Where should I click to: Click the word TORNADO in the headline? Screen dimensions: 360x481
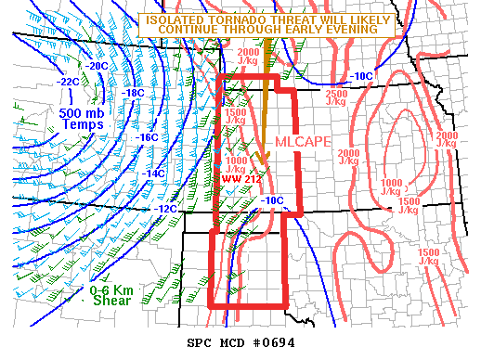click(225, 18)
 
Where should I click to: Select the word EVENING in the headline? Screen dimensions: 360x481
click(354, 29)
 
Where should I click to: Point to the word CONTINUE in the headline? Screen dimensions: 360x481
click(191, 29)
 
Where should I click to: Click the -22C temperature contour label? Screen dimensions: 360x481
click(68, 83)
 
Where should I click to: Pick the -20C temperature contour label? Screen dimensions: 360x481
click(96, 67)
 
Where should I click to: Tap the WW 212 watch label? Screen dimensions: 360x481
click(237, 179)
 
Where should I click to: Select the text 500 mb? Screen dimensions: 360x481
click(62, 111)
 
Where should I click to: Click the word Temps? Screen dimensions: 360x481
click(62, 125)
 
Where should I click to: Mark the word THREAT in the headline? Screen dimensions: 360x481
click(277, 18)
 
